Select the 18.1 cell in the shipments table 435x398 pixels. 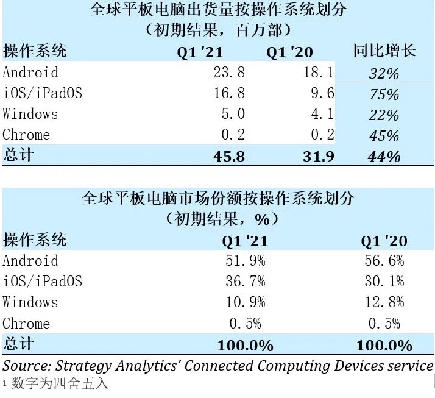click(x=319, y=73)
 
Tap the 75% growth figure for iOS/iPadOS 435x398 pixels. click(x=384, y=94)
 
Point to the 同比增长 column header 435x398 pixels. click(x=384, y=51)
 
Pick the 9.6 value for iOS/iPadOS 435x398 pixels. click(x=322, y=93)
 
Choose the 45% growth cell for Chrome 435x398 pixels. click(x=384, y=136)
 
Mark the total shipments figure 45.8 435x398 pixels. click(x=230, y=156)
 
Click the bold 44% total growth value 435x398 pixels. click(x=384, y=157)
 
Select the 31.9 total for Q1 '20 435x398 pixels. click(x=318, y=156)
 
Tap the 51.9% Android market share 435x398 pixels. click(x=245, y=261)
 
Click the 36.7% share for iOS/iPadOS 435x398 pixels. click(x=245, y=282)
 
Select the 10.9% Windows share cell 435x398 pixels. click(x=245, y=302)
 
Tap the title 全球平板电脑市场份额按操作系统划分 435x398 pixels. click(x=217, y=199)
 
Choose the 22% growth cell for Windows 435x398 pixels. click(x=384, y=115)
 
